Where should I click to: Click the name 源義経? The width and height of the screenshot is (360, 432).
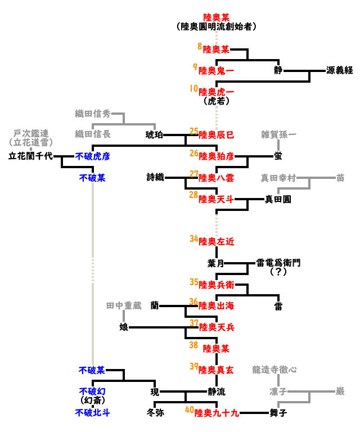click(339, 70)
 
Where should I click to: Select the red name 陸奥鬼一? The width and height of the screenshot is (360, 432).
click(217, 70)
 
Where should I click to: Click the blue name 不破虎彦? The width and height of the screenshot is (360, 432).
click(93, 156)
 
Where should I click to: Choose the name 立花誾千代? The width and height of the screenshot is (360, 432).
click(30, 156)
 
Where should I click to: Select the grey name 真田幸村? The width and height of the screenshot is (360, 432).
click(278, 178)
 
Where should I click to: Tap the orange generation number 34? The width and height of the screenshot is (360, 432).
click(194, 240)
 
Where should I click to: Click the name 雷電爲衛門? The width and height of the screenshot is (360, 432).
click(278, 263)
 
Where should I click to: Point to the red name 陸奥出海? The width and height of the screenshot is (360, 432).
click(217, 306)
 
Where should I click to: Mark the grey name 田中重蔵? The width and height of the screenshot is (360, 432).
click(124, 306)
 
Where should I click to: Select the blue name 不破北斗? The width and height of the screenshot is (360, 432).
click(93, 413)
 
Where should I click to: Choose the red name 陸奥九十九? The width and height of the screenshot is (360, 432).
click(217, 413)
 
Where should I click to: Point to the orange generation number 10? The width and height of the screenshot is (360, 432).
click(194, 89)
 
